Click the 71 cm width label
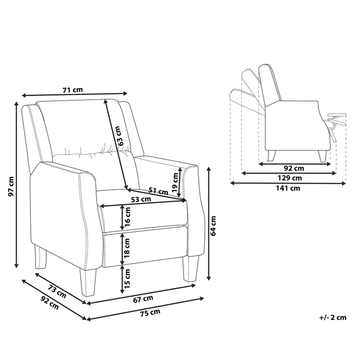tap(73, 89)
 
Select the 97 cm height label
tap(11, 186)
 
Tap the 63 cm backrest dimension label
tap(121, 136)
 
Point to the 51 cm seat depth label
tap(158, 191)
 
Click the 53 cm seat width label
tap(141, 199)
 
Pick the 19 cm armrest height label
tap(175, 183)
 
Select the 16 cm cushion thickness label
tap(127, 217)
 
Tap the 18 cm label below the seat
tap(127, 248)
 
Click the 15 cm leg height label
tap(127, 279)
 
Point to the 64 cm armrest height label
tap(213, 226)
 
